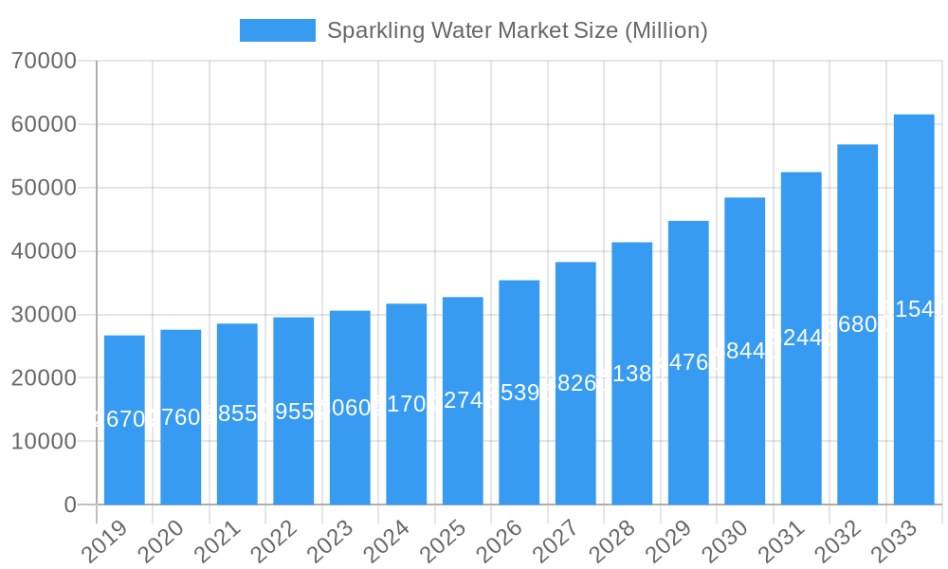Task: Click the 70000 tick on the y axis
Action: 44,62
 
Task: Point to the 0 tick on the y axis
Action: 70,505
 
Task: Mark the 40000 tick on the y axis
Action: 44,251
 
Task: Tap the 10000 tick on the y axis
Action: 44,442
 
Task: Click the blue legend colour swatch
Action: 277,30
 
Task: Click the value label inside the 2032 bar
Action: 857,324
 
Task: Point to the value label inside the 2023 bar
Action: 350,408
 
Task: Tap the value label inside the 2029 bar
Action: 688,362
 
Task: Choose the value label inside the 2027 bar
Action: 575,383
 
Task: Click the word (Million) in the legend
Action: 665,30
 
